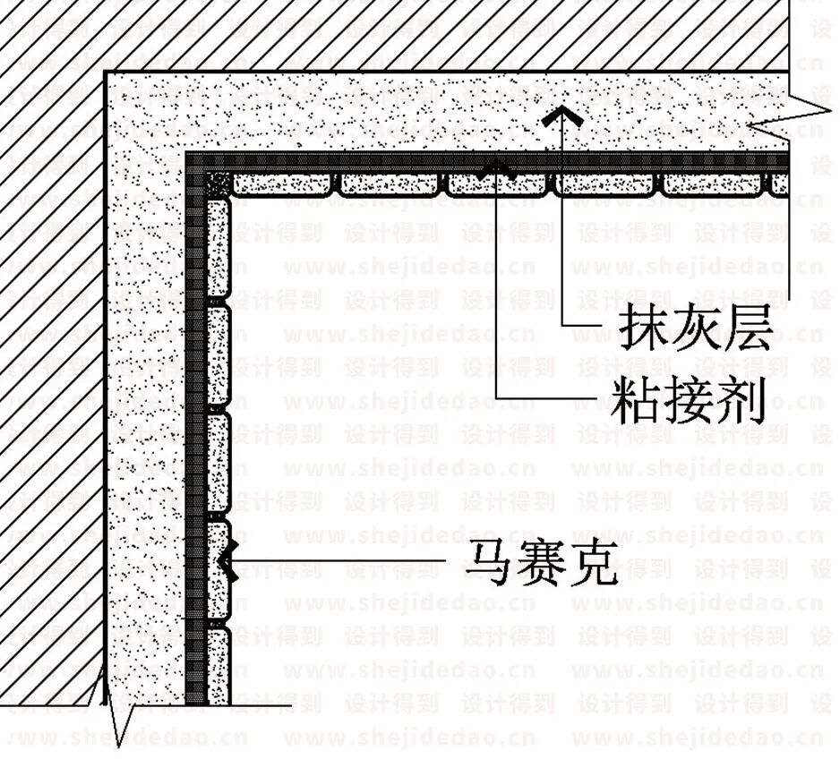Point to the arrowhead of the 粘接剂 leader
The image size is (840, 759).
(499, 166)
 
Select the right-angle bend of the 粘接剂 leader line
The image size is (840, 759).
(499, 394)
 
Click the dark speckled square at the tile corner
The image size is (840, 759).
(218, 186)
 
